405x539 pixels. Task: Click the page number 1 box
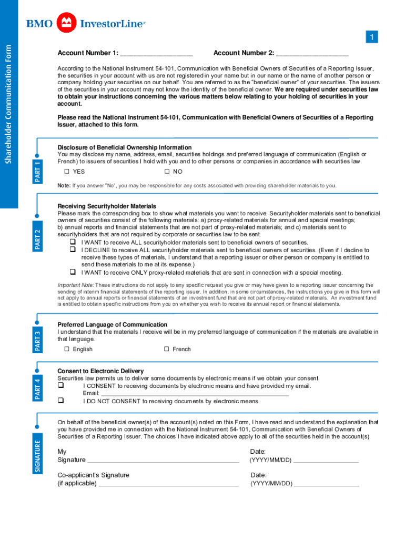tap(371, 37)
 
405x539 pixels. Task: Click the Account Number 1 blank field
tap(156, 54)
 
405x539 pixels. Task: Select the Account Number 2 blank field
tap(312, 54)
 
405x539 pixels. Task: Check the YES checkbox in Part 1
tap(67, 172)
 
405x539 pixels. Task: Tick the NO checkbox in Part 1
tap(167, 172)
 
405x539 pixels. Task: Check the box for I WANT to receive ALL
tap(73, 242)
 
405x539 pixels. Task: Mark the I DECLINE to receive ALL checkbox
tap(73, 250)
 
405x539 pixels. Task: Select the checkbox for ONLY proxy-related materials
tap(73, 272)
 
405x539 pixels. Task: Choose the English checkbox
tap(67, 349)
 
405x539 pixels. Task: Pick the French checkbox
tap(167, 349)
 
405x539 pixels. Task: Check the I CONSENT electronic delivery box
tap(60, 385)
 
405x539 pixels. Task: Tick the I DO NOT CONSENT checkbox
tap(60, 401)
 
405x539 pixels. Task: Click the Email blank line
tap(195, 393)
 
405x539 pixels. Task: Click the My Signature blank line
tap(163, 461)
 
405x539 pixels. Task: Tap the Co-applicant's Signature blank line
tap(169, 484)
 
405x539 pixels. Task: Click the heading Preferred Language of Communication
tap(112, 325)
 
